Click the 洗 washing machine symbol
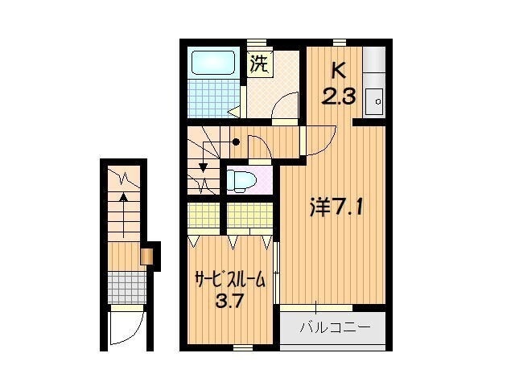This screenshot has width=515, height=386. [259, 64]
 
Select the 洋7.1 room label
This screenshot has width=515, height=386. [338, 208]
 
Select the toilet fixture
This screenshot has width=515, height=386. [240, 180]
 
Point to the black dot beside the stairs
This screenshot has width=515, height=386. [237, 143]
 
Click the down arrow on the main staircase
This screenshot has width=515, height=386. [204, 167]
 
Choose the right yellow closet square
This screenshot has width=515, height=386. [249, 216]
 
